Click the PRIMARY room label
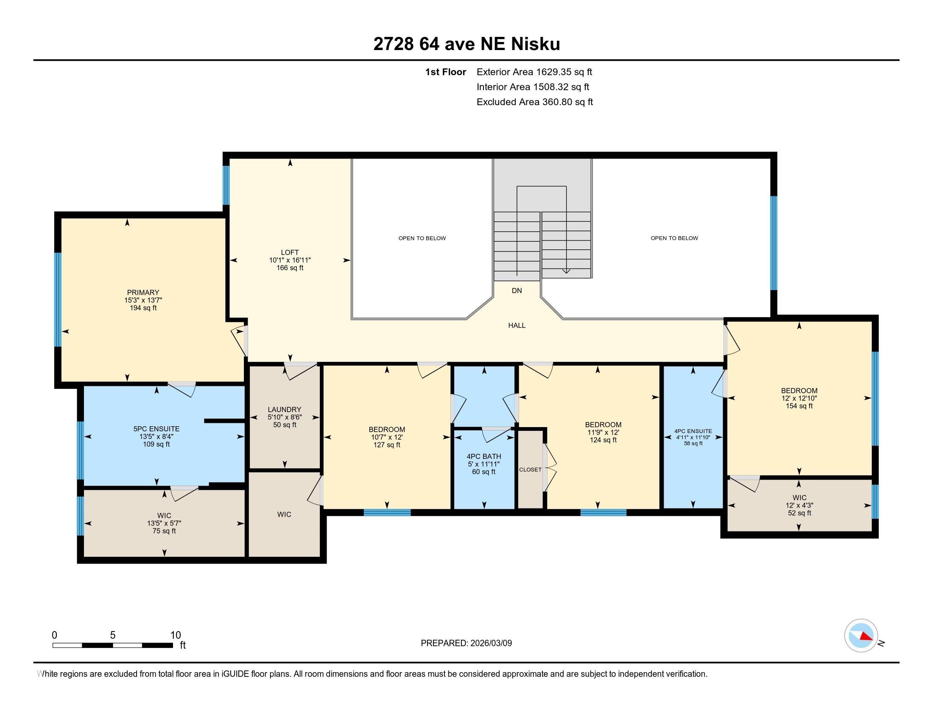pyautogui.click(x=142, y=293)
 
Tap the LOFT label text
pyautogui.click(x=290, y=252)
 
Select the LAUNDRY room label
pyautogui.click(x=285, y=409)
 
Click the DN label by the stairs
pyautogui.click(x=517, y=291)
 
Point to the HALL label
pyautogui.click(x=517, y=325)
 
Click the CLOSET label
pyautogui.click(x=530, y=469)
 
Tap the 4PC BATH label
pyautogui.click(x=483, y=456)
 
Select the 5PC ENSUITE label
pyautogui.click(x=156, y=429)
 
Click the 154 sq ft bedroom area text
pyautogui.click(x=799, y=406)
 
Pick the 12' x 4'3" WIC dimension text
pyautogui.click(x=799, y=505)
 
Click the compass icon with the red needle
pyautogui.click(x=861, y=636)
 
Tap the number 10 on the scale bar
pyautogui.click(x=176, y=635)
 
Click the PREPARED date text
pyautogui.click(x=466, y=643)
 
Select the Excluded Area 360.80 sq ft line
pyautogui.click(x=534, y=102)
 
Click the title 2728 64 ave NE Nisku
pyautogui.click(x=466, y=44)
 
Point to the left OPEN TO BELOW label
pyautogui.click(x=422, y=238)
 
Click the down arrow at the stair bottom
pyautogui.click(x=566, y=271)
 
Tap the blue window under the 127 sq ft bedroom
pyautogui.click(x=387, y=513)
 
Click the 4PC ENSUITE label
pyautogui.click(x=693, y=431)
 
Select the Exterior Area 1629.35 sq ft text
pyautogui.click(x=534, y=72)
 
